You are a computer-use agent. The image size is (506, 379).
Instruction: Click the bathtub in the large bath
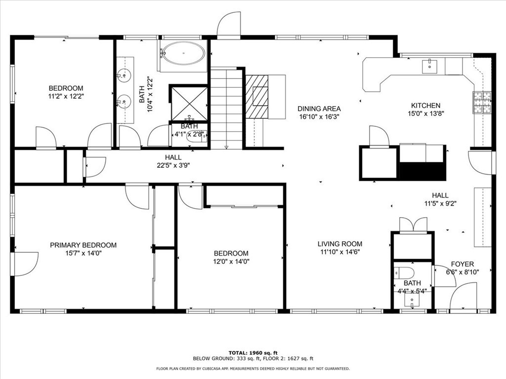[x=183, y=53]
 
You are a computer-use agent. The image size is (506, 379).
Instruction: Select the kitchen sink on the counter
[x=430, y=65]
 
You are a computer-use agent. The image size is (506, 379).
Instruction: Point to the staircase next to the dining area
[x=226, y=109]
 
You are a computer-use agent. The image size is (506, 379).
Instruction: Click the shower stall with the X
[x=189, y=103]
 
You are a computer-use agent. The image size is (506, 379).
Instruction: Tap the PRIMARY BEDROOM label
[x=83, y=245]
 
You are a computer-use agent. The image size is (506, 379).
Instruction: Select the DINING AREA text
[x=319, y=109]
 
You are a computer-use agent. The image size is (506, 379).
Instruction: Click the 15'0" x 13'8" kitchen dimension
[x=425, y=114]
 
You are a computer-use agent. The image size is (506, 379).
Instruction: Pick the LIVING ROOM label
[x=339, y=244]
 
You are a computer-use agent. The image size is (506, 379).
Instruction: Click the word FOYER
[x=462, y=264]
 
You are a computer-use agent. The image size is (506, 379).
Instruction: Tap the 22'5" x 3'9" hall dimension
[x=172, y=165]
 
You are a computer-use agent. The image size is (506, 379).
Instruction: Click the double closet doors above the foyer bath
[x=413, y=225]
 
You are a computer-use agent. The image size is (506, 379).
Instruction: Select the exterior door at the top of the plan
[x=228, y=26]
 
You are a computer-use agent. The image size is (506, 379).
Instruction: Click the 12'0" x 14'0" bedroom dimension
[x=231, y=262]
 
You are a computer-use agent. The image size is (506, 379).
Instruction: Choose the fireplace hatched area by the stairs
[x=257, y=96]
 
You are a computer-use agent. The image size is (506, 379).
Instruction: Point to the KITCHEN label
[x=425, y=105]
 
